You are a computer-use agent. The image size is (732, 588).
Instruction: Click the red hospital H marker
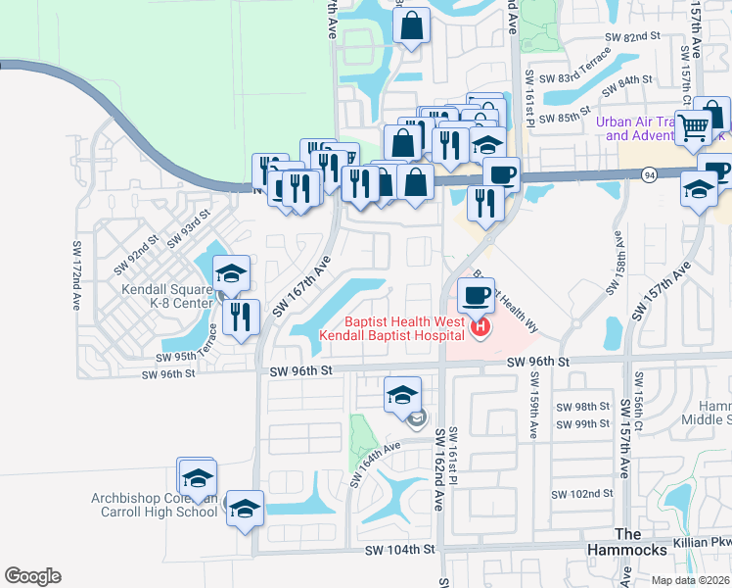pyautogui.click(x=480, y=327)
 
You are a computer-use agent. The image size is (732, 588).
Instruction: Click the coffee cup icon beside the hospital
pyautogui.click(x=477, y=295)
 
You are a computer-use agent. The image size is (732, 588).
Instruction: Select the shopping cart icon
pyautogui.click(x=694, y=125)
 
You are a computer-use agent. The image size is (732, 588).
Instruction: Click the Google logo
pyautogui.click(x=32, y=576)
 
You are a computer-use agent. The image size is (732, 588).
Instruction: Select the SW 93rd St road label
pyautogui.click(x=188, y=226)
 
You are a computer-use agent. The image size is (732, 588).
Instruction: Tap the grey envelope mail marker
pyautogui.click(x=418, y=420)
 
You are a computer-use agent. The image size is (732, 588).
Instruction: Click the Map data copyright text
pyautogui.click(x=688, y=579)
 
